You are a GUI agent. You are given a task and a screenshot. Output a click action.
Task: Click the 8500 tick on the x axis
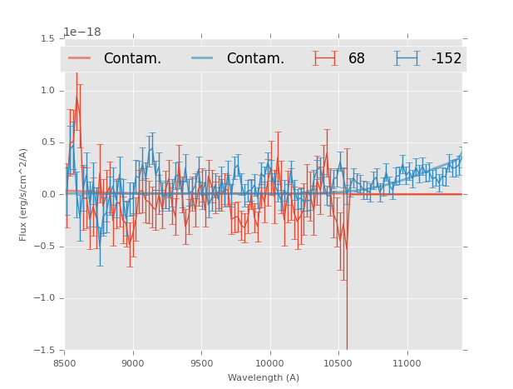click(65, 363)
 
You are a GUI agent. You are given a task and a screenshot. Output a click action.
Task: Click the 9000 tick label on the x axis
click(133, 363)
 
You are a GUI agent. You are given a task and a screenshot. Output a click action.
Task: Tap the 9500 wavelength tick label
click(201, 363)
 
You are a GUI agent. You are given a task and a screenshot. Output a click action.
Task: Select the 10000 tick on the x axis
click(269, 363)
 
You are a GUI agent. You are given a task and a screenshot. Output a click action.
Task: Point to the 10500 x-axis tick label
click(338, 363)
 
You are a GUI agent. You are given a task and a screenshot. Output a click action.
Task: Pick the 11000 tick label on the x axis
click(407, 363)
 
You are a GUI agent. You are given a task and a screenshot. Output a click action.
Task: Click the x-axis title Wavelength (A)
click(264, 377)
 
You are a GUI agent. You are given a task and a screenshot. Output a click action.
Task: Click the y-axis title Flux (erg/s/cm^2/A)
click(23, 195)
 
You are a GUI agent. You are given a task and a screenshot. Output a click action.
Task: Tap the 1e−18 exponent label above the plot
click(81, 32)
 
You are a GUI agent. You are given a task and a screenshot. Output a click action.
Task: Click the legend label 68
click(357, 58)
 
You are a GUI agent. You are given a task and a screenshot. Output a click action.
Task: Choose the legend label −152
click(446, 58)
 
